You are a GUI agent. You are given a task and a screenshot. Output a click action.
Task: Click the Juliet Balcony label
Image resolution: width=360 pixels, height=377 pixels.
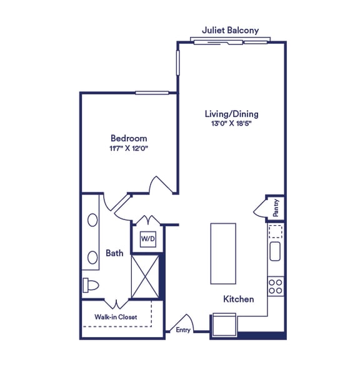[230, 30]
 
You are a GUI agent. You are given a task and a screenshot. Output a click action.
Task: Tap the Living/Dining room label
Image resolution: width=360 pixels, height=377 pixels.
[231, 114]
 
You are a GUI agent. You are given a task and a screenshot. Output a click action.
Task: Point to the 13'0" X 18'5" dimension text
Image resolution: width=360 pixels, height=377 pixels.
[231, 124]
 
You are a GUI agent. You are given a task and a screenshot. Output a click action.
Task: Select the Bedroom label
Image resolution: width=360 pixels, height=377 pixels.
[129, 138]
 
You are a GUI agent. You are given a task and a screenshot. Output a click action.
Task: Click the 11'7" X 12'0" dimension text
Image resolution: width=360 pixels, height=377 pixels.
[129, 148]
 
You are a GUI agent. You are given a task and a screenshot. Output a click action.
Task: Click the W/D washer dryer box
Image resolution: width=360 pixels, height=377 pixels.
[147, 238]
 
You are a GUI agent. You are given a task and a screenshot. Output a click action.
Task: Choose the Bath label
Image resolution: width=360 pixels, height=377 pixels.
[114, 253]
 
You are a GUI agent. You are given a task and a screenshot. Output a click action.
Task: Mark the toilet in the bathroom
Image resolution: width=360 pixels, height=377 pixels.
[91, 285]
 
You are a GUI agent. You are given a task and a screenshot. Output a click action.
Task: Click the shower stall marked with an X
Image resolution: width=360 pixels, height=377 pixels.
[144, 276]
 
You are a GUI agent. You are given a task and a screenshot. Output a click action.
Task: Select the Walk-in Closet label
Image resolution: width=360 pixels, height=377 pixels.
[116, 317]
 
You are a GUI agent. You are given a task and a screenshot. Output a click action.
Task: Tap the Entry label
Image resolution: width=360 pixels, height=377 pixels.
[183, 329]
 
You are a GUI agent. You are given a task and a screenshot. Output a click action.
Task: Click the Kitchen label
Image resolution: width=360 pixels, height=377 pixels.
[239, 299]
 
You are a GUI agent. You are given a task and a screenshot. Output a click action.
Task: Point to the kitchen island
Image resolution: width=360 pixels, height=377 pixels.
[224, 253]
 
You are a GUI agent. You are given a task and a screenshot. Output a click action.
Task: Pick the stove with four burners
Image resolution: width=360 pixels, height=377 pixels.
[276, 286]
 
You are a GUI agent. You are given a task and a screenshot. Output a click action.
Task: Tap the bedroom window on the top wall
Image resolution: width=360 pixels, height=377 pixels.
[152, 93]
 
